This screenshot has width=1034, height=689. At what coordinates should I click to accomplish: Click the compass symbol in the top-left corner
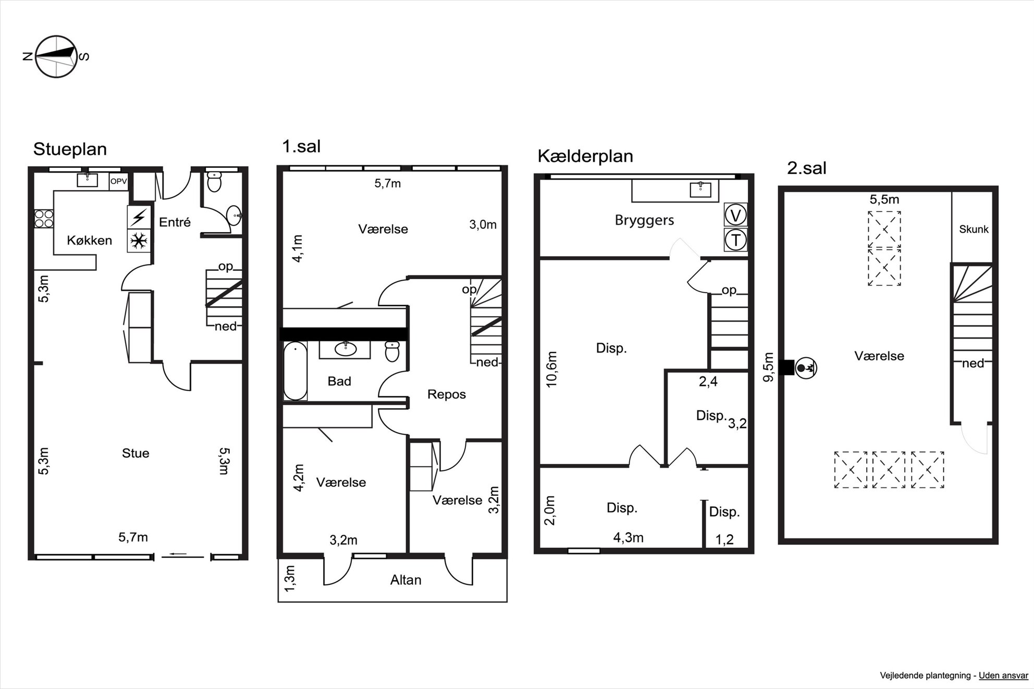pyautogui.click(x=56, y=56)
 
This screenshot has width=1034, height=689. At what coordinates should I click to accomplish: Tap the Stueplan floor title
pyautogui.click(x=70, y=149)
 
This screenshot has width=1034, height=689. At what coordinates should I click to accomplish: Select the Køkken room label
pyautogui.click(x=90, y=240)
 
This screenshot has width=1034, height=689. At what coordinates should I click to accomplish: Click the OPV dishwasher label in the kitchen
pyautogui.click(x=118, y=181)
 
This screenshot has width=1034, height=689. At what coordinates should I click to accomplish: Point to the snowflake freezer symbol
pyautogui.click(x=139, y=241)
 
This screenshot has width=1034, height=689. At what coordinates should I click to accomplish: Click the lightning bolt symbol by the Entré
pyautogui.click(x=139, y=217)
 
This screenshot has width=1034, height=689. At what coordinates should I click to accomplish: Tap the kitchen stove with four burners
pyautogui.click(x=44, y=218)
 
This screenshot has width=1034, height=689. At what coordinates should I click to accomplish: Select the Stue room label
pyautogui.click(x=136, y=453)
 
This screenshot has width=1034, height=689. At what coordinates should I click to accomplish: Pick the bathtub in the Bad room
pyautogui.click(x=295, y=371)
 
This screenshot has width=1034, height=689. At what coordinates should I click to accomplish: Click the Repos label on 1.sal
pyautogui.click(x=447, y=394)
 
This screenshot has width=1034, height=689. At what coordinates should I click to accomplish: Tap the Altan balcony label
pyautogui.click(x=406, y=580)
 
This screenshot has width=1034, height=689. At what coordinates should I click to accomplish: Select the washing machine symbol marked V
pyautogui.click(x=736, y=215)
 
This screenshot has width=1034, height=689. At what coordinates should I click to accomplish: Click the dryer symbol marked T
pyautogui.click(x=736, y=240)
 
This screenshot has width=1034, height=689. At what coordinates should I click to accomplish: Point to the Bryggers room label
pyautogui.click(x=645, y=220)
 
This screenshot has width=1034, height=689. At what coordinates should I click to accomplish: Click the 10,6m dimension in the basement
pyautogui.click(x=551, y=369)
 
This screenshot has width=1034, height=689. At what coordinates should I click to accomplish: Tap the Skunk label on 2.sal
pyautogui.click(x=974, y=229)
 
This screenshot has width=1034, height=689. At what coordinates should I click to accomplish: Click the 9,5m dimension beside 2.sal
pyautogui.click(x=769, y=368)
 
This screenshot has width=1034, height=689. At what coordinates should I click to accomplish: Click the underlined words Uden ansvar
pyautogui.click(x=1003, y=675)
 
